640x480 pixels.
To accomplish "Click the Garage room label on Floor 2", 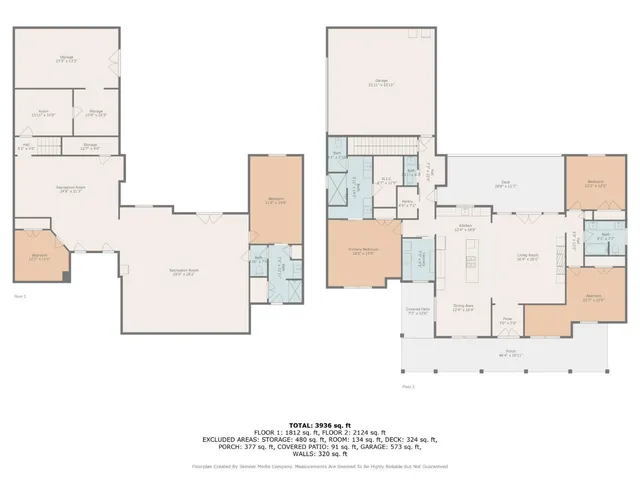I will click(381, 82).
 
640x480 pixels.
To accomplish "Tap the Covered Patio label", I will click(417, 311).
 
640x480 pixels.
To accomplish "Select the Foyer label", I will click(508, 322).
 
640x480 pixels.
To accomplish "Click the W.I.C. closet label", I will click(385, 182).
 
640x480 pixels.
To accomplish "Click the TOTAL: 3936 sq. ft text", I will click(319, 424).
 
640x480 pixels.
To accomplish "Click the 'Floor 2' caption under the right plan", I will click(407, 385).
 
